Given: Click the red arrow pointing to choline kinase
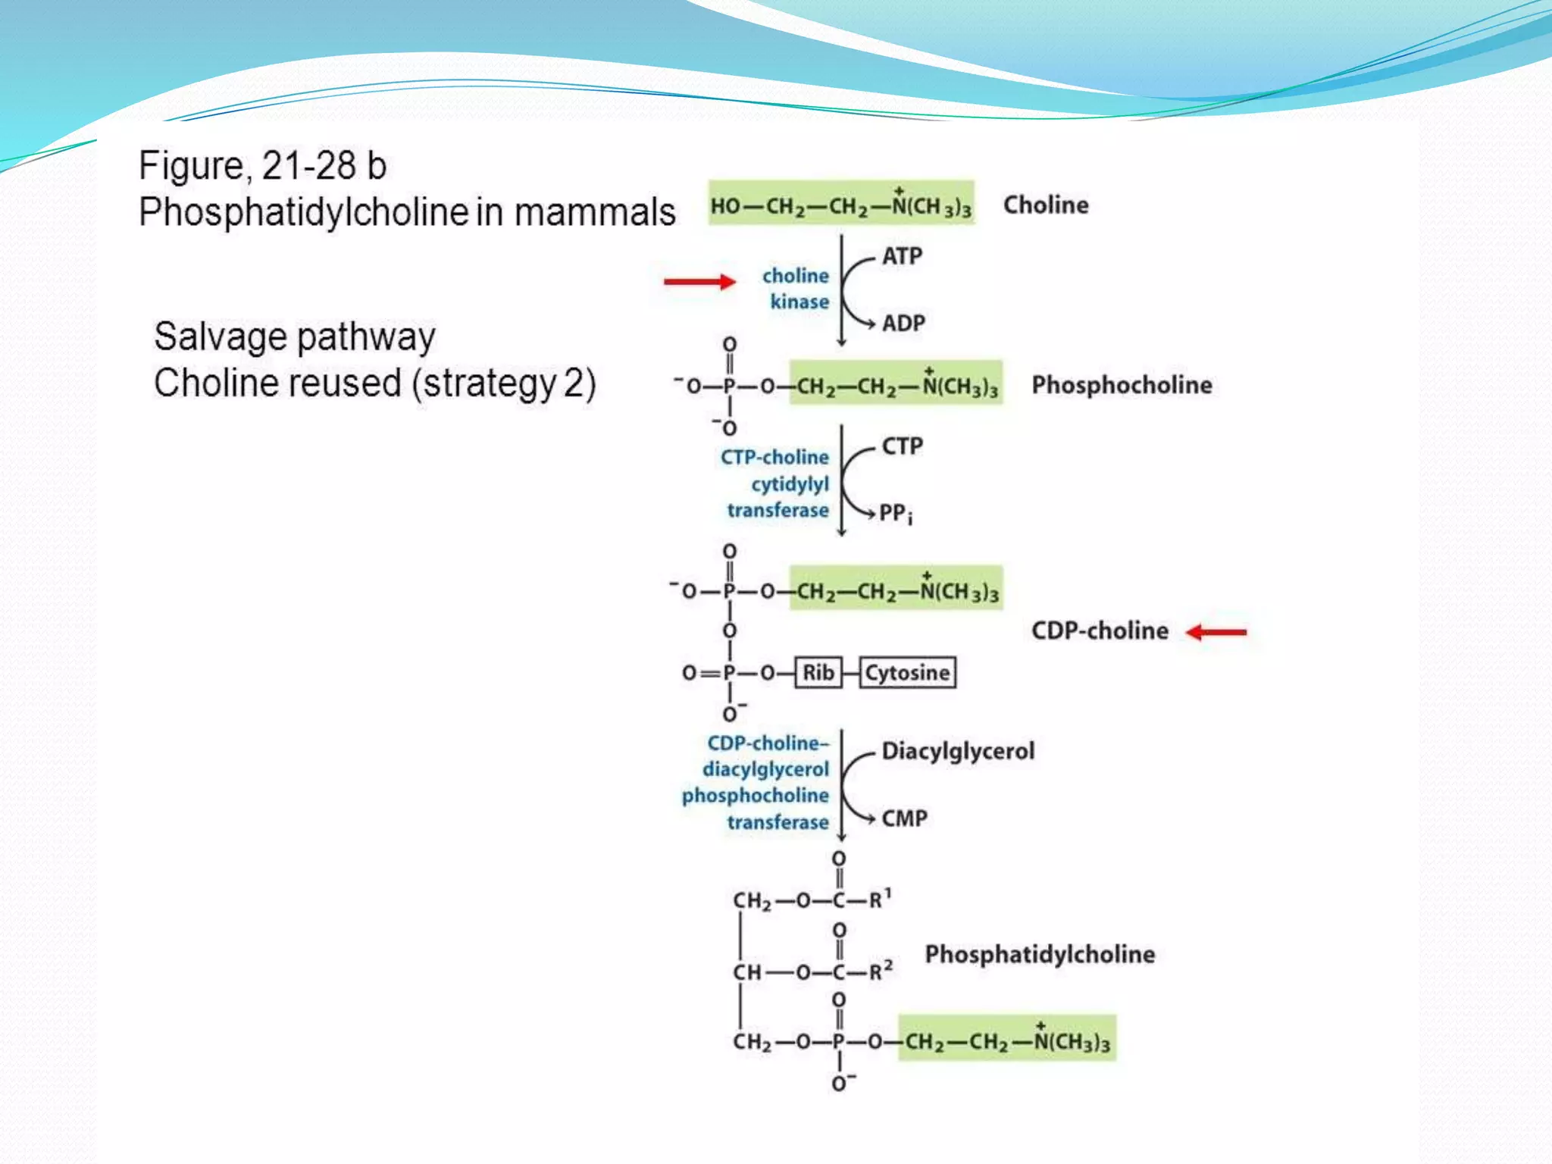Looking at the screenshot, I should [699, 282].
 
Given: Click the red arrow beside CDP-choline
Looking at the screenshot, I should [1216, 632].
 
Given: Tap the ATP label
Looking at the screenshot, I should [902, 256].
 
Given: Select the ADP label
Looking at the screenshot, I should [903, 324].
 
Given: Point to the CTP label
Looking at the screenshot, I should [902, 446].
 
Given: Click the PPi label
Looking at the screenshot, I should [896, 514].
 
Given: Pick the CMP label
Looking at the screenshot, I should [904, 818].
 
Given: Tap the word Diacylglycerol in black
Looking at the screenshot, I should [958, 751].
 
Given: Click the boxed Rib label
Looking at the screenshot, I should [818, 673].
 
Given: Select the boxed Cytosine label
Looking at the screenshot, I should [907, 673].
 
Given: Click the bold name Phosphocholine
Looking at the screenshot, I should [1122, 385].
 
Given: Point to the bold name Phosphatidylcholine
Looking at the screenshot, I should [1040, 954].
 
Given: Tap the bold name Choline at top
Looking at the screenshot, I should [1046, 205].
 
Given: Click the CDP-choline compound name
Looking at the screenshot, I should [1100, 630].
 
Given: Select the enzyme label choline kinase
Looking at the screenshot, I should [796, 289].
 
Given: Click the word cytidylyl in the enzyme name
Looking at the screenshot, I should [790, 483].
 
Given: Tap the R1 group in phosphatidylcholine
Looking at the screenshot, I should [880, 899].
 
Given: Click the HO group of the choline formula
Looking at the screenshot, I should [725, 206].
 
